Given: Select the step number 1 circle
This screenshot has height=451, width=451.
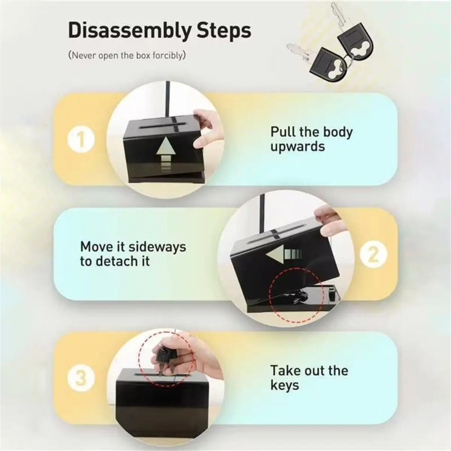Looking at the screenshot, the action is (81, 140).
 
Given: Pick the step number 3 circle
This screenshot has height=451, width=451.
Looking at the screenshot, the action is (81, 378).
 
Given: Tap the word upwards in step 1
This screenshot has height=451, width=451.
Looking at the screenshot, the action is (297, 147).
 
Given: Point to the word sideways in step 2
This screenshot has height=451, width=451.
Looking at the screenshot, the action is (155, 247).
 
